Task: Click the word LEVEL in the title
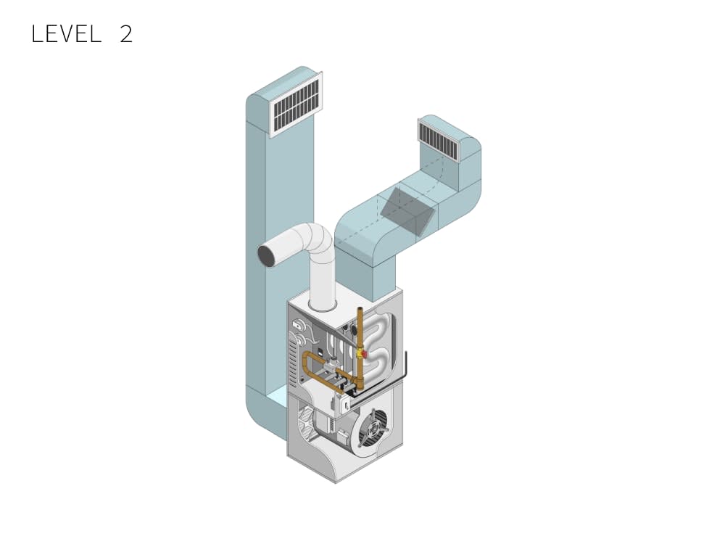coord(67,34)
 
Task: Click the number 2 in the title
coord(126,34)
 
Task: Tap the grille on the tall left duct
coord(296,104)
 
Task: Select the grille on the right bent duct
coord(440,137)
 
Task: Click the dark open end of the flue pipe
coord(266,256)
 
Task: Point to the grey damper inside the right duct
coord(407,211)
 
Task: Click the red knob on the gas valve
coord(364,355)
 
